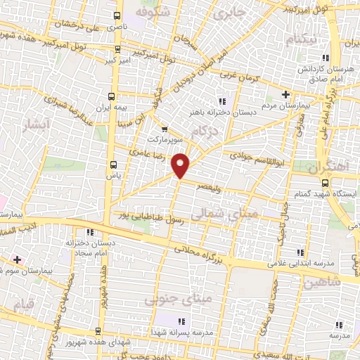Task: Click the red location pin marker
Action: pos(181,165)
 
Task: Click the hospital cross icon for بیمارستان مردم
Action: pos(285,94)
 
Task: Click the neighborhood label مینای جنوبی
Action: pos(168,300)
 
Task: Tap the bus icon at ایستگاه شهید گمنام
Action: pos(323,181)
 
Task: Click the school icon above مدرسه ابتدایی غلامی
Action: pos(300,252)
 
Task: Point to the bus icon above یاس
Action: pos(113,165)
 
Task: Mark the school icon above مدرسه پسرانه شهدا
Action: pos(175,322)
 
